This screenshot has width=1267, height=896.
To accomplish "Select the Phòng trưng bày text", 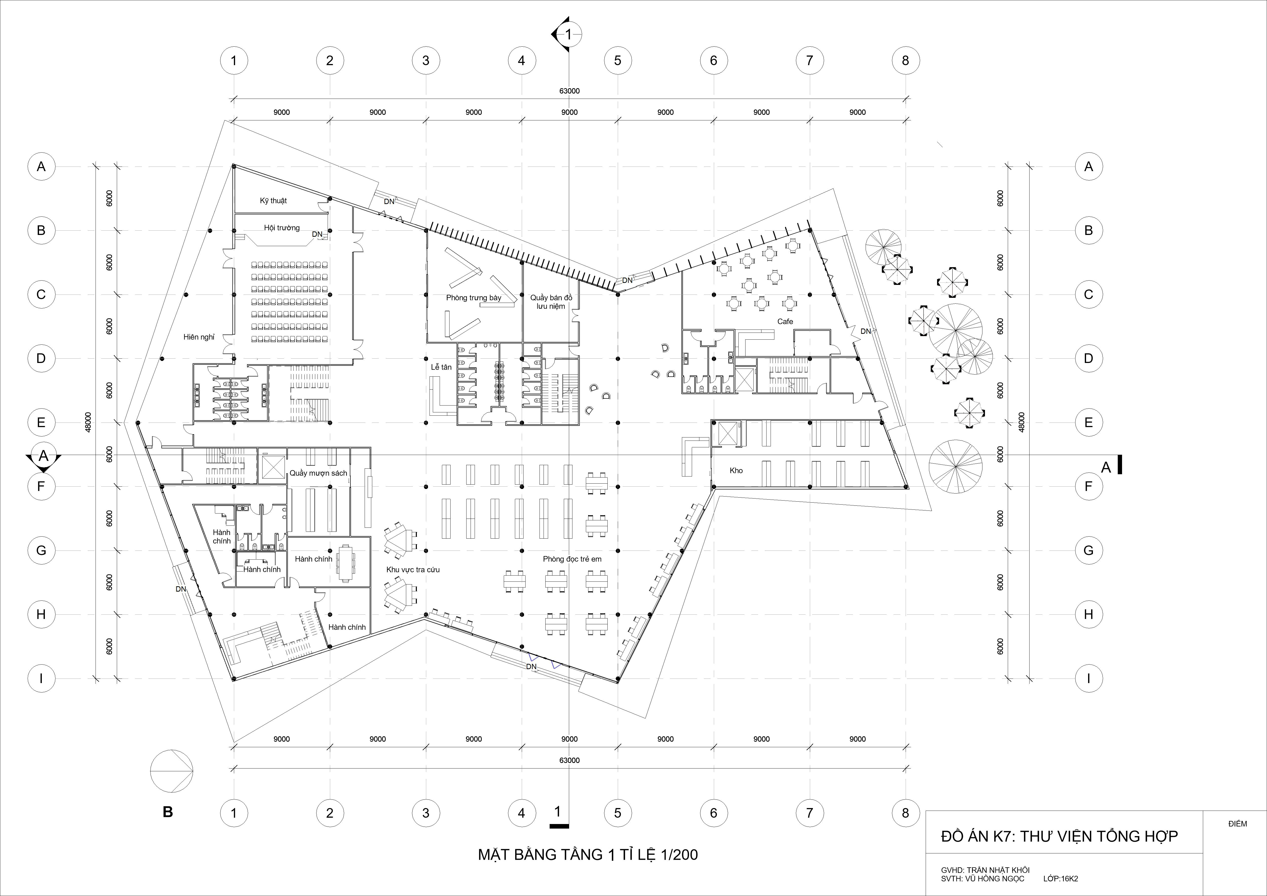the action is (x=473, y=298).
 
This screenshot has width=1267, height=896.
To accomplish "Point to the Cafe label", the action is (x=785, y=321).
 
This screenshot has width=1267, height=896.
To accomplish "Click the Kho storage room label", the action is (x=736, y=470).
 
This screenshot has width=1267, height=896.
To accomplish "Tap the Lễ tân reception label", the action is (x=441, y=367).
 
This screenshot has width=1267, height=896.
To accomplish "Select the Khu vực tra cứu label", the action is (x=413, y=569).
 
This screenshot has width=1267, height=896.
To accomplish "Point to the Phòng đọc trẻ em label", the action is (x=572, y=559).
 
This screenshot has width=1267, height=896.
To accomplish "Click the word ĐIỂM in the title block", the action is (x=1238, y=824).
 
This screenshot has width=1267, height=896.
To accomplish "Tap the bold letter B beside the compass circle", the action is (x=168, y=812).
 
